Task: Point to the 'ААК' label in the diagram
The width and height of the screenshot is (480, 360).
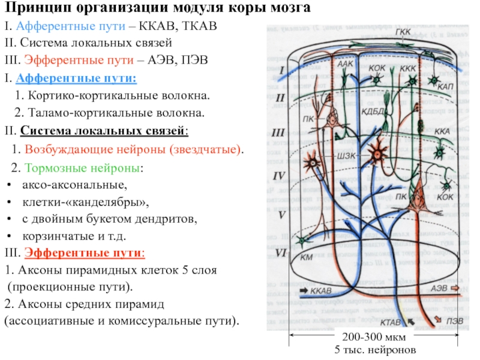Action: (x=344, y=63)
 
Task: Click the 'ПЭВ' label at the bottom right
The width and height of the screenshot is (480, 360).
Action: (x=454, y=320)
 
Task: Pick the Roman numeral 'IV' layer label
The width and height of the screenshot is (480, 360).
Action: (x=278, y=176)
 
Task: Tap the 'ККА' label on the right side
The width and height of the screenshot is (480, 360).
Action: (x=441, y=130)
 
